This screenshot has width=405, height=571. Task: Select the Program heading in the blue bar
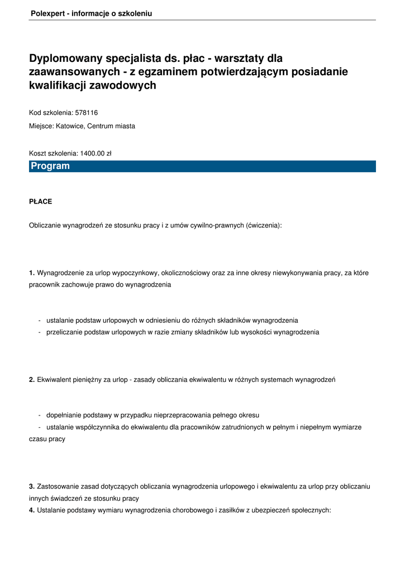point(50,166)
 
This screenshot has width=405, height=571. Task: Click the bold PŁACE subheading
point(40,201)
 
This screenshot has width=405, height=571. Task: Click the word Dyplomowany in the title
point(66,59)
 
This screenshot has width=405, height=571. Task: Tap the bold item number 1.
point(32,273)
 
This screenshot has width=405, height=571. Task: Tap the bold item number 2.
point(32,380)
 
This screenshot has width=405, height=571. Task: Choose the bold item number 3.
point(32,487)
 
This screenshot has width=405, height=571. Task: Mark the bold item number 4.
point(32,509)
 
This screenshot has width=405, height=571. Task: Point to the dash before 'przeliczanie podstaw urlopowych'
point(40,332)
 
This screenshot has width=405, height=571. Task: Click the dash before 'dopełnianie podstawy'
point(40,415)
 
